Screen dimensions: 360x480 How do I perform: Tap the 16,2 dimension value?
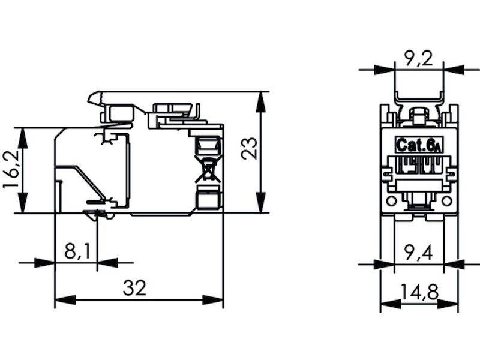pos(11,170)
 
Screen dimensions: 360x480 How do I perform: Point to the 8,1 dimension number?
pos(77,251)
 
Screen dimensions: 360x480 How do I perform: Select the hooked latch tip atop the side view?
pos(94,97)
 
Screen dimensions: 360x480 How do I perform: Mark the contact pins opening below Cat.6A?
pos(418,164)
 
